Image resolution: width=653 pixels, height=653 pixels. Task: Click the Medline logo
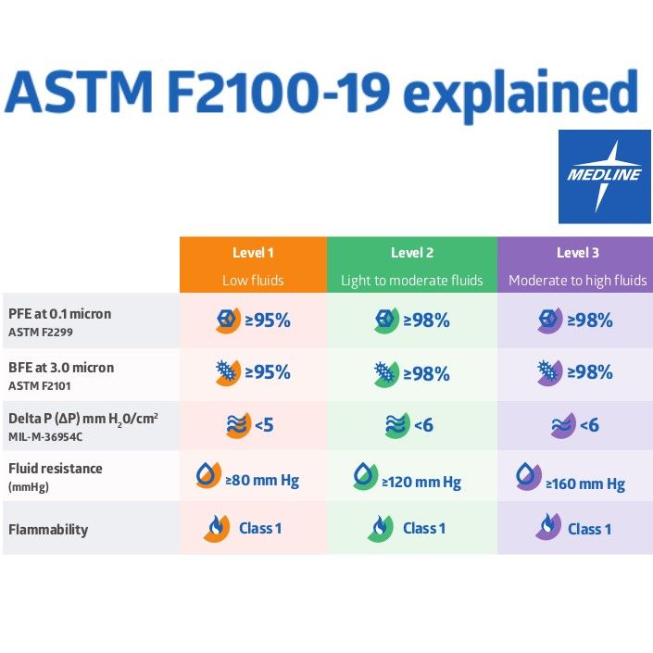tap(604, 176)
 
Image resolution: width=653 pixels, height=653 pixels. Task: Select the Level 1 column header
tap(253, 253)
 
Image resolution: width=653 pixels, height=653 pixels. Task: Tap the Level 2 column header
tap(411, 253)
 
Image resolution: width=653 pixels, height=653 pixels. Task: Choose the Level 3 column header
tap(576, 253)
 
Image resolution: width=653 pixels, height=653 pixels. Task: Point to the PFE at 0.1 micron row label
tap(59, 314)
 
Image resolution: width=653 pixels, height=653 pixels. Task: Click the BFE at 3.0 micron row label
tap(61, 368)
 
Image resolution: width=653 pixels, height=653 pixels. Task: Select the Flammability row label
tap(48, 530)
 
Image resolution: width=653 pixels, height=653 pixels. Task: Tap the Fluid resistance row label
tap(55, 469)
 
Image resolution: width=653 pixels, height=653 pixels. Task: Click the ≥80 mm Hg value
tap(262, 481)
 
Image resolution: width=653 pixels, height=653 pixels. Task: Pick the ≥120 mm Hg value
tap(421, 482)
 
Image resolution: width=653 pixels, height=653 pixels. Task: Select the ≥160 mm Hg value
tap(584, 483)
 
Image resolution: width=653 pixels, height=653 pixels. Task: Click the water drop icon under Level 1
tap(207, 477)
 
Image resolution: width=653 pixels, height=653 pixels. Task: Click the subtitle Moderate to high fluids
tap(576, 281)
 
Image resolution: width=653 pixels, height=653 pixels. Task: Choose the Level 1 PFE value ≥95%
tap(267, 321)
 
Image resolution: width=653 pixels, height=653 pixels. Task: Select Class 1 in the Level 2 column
tap(424, 528)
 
